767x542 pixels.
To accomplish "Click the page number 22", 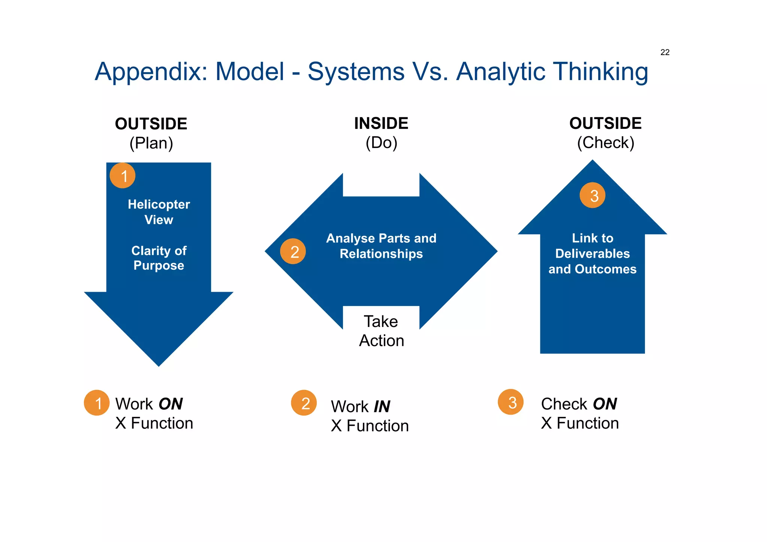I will click(665, 52).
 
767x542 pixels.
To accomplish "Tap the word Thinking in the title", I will click(601, 72).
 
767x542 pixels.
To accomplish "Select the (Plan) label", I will click(151, 143).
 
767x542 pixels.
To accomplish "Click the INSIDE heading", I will click(381, 124).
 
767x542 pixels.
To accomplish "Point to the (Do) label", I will click(381, 143).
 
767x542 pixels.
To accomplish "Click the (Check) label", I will click(606, 143).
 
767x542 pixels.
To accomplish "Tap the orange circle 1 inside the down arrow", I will click(122, 176).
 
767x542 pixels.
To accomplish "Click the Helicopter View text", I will click(159, 212).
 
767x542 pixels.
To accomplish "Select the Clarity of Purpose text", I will click(159, 258).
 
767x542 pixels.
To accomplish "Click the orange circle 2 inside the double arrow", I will click(293, 251).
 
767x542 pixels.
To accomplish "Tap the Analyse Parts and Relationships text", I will click(381, 246).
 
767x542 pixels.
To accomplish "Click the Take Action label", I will click(381, 331).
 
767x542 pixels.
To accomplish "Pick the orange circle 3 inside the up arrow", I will click(592, 195).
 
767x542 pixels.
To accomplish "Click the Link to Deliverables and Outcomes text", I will click(592, 254).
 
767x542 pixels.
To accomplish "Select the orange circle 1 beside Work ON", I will click(97, 403).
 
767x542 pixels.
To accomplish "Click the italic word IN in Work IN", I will click(382, 407).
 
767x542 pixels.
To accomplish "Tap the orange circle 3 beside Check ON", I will click(510, 402).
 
